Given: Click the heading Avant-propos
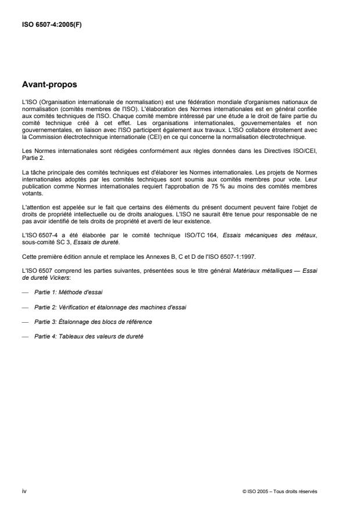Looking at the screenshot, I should pyautogui.click(x=50, y=84).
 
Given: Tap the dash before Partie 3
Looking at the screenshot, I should pyautogui.click(x=25, y=322).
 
